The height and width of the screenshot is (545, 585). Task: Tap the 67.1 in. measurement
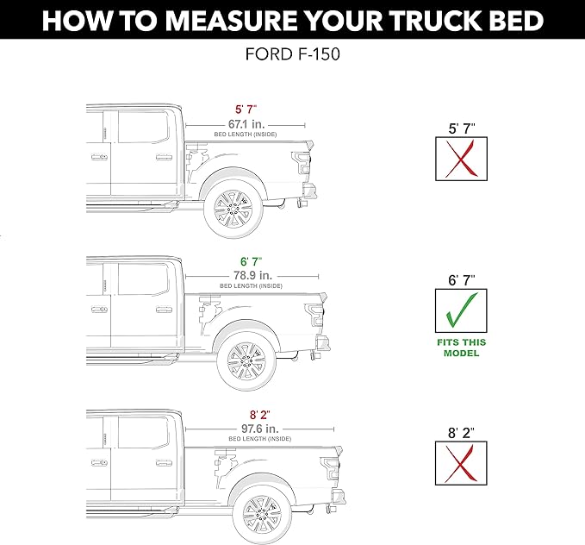[246, 124]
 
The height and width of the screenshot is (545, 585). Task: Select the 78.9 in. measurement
[250, 274]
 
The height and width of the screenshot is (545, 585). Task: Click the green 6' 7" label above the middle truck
[250, 260]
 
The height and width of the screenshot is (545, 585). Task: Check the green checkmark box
[461, 310]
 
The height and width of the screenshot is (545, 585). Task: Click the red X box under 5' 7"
[461, 158]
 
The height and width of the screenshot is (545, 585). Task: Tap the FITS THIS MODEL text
[461, 347]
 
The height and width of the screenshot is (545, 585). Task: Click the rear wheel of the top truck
[232, 208]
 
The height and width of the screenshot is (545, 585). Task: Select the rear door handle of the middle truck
[164, 311]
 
